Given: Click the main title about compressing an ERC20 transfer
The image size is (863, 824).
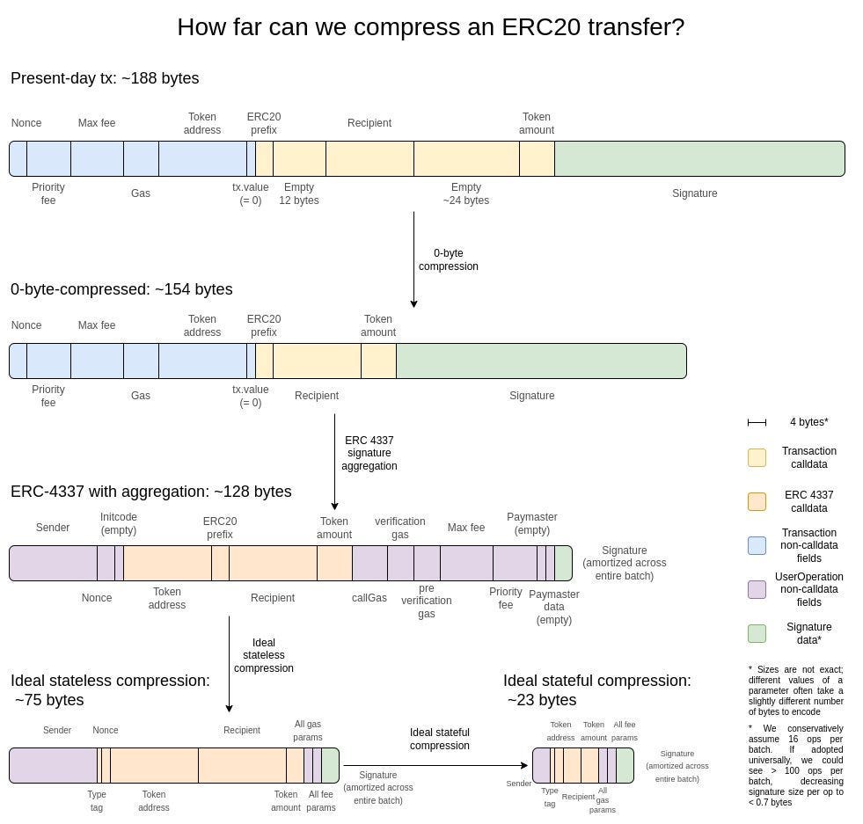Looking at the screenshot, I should (x=430, y=27).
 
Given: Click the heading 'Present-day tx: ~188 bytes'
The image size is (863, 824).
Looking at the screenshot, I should (x=105, y=78).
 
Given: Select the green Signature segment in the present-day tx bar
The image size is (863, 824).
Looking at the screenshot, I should (x=699, y=158).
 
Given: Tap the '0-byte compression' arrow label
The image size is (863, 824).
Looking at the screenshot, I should (x=448, y=259).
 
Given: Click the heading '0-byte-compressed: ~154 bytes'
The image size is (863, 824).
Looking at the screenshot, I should (x=121, y=289).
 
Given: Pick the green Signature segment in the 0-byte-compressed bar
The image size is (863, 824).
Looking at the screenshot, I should (x=541, y=361).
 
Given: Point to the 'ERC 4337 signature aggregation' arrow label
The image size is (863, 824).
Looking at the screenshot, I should (x=369, y=453).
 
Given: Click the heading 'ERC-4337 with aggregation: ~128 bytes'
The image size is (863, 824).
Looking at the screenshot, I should (x=150, y=492).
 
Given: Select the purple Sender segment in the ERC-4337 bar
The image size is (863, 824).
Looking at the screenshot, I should (x=53, y=563).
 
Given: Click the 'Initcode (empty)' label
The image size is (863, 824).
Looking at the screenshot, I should (x=119, y=523).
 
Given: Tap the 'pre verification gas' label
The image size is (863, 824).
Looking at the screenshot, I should (x=426, y=601).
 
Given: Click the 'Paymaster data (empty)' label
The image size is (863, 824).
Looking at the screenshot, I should (x=554, y=607).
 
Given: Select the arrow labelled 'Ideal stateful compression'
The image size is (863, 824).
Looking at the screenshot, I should (x=435, y=765).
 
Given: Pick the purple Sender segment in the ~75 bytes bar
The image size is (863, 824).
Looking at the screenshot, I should (x=53, y=765).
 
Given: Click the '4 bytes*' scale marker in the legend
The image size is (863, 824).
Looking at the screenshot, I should (x=757, y=423).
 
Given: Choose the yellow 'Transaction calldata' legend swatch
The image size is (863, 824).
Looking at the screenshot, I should (x=757, y=457).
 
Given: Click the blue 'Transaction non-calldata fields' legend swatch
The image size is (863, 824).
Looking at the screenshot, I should (x=757, y=545).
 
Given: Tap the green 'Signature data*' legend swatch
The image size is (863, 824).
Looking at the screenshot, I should (x=757, y=633).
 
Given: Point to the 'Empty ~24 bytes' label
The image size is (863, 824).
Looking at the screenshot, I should (x=465, y=193).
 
